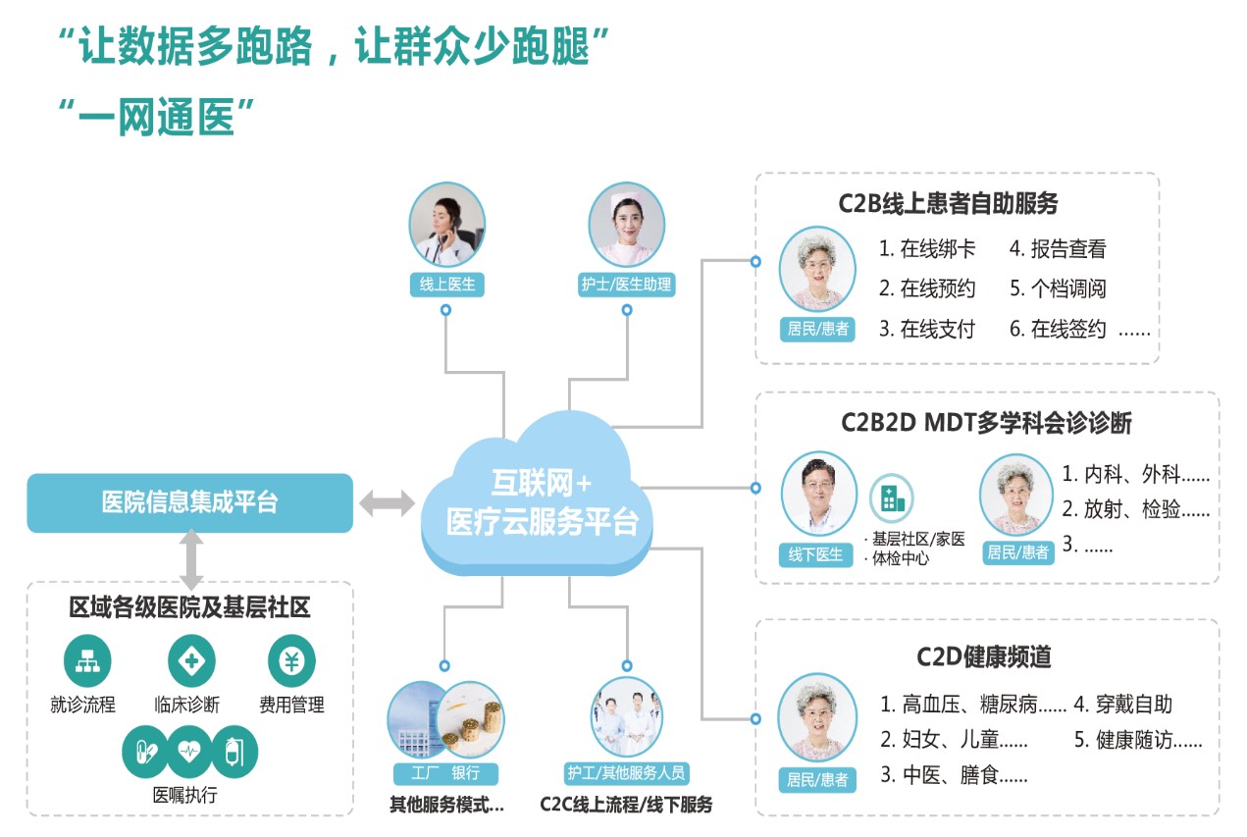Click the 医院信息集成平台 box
point(189,503)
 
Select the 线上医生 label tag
point(446,286)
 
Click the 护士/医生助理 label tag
point(626,286)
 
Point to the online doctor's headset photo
point(446,225)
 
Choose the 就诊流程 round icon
point(87,661)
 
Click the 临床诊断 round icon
point(191,661)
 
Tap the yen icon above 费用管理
point(291,661)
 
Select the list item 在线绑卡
point(927,249)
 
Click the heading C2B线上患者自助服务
point(948,204)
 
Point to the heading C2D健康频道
point(984,656)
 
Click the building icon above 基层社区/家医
point(892,498)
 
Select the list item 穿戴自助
point(1122,704)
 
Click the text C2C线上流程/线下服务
point(626,805)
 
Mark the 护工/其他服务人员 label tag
point(626,772)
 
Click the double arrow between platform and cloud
point(387,503)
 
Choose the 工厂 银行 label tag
point(445,772)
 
